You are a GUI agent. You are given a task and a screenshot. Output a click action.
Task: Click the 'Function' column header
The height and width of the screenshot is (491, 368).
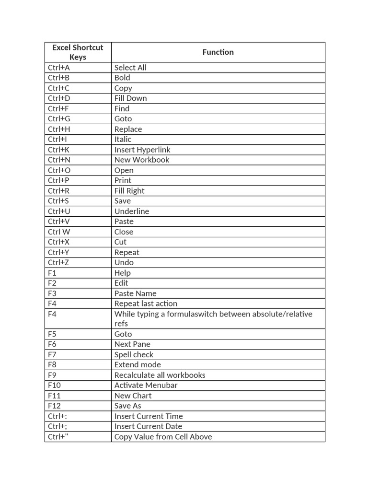pos(218,52)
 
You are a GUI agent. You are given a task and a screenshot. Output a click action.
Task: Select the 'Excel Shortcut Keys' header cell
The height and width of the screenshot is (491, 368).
pos(78,52)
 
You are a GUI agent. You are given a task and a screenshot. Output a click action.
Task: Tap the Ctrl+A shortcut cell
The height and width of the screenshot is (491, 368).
pos(59,68)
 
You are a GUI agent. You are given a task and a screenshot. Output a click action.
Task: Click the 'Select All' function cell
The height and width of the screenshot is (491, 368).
pos(130,68)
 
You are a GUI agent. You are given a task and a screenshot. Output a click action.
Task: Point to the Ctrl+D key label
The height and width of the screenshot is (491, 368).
pos(59,98)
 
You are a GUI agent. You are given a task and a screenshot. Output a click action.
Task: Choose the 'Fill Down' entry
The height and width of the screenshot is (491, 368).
pos(130,98)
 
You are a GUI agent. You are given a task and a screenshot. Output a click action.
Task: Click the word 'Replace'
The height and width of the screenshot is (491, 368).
pos(128,129)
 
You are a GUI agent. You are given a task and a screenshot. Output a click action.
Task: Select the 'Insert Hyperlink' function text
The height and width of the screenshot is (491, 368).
pos(142,150)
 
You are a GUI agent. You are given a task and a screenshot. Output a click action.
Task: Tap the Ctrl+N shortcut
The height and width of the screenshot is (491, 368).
pos(59,160)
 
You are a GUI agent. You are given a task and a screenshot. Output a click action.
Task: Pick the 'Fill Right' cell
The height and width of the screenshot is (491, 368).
pos(129,191)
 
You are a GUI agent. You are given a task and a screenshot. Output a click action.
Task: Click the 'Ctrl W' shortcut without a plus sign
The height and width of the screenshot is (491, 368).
pos(59,232)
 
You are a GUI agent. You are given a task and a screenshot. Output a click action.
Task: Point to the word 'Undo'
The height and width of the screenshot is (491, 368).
pos(124,262)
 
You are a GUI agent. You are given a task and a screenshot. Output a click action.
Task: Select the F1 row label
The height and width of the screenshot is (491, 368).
pos(52,273)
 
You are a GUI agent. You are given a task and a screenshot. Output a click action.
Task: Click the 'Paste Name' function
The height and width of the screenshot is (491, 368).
pos(135,293)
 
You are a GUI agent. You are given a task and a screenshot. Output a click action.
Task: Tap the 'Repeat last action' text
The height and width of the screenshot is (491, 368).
pos(146,304)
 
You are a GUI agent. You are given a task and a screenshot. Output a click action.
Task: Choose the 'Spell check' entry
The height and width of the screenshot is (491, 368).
pos(134,355)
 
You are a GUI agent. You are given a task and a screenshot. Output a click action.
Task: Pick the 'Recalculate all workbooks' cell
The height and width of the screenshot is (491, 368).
pos(160,375)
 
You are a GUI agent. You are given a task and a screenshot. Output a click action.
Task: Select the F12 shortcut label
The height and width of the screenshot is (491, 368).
pos(54,406)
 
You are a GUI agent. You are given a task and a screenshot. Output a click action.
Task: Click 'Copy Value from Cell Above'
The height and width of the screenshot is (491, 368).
pos(163,437)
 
